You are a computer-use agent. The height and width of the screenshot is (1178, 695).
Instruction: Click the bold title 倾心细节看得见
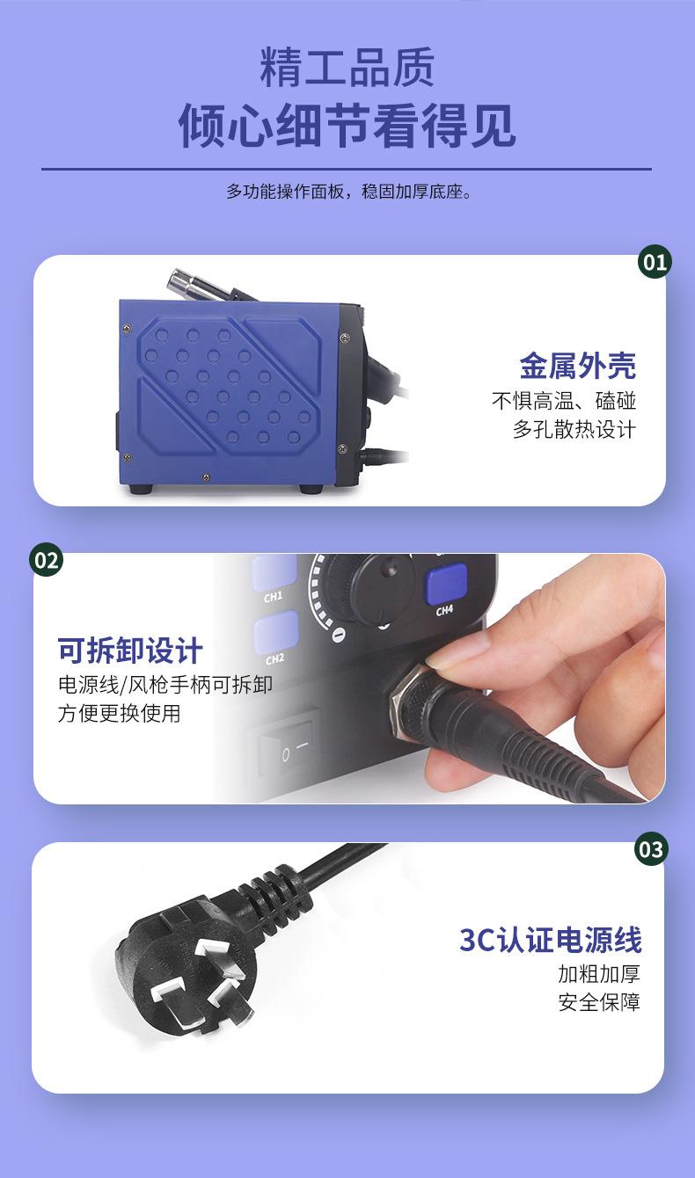coord(347,126)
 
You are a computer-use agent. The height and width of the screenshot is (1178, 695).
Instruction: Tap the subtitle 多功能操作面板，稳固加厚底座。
coord(347,191)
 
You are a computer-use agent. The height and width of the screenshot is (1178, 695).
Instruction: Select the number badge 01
coord(655,262)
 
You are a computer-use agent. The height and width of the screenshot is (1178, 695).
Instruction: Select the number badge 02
coord(47,560)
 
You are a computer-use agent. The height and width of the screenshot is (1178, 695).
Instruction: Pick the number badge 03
coord(651,849)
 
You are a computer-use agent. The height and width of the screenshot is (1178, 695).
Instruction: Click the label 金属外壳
coord(577,365)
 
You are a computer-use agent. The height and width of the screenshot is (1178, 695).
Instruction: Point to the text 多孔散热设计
coord(574,429)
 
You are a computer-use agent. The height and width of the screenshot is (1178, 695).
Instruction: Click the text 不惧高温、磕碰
coord(563,401)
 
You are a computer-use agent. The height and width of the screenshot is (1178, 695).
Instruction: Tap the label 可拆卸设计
coord(130,651)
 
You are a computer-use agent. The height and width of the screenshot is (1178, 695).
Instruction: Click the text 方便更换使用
coord(119,713)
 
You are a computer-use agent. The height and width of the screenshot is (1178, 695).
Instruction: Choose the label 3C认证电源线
coord(550,940)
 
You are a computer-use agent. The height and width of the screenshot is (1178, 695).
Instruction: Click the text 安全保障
coord(599,1001)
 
